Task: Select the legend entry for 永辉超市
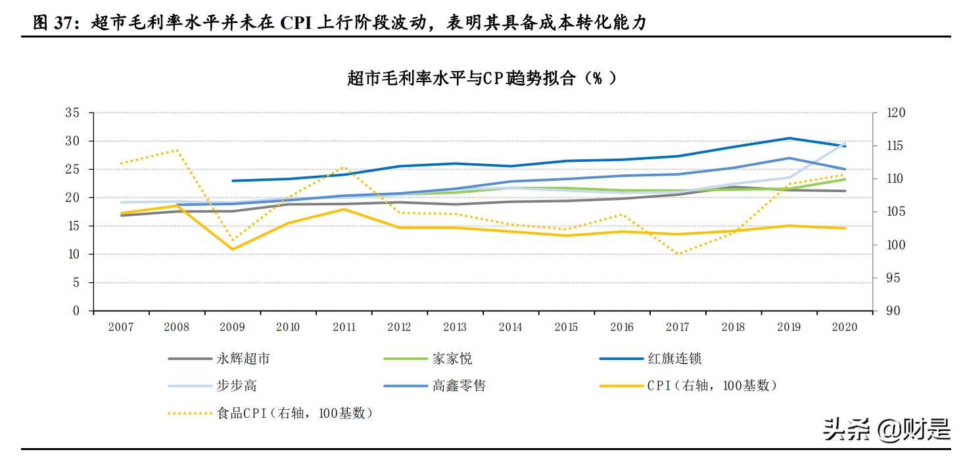pyautogui.click(x=243, y=359)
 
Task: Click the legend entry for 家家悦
pyautogui.click(x=452, y=359)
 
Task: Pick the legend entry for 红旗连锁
pyautogui.click(x=674, y=359)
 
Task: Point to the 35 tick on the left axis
pyautogui.click(x=72, y=113)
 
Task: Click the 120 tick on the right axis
pyautogui.click(x=895, y=113)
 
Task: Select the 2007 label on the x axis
pyautogui.click(x=121, y=327)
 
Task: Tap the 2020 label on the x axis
pyautogui.click(x=845, y=327)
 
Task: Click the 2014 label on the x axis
pyautogui.click(x=511, y=327)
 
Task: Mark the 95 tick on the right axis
pyautogui.click(x=892, y=278)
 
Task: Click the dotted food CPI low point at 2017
pyautogui.click(x=677, y=254)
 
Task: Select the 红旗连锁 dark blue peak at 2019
pyautogui.click(x=789, y=138)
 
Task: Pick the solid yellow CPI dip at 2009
pyautogui.click(x=232, y=249)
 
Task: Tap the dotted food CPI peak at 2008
pyautogui.click(x=176, y=150)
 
